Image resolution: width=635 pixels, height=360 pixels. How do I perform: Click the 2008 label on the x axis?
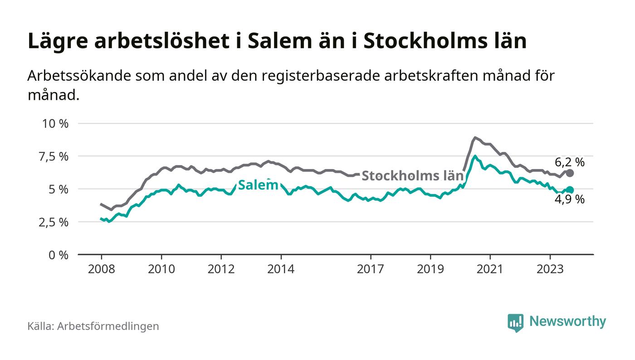pyautogui.click(x=101, y=269)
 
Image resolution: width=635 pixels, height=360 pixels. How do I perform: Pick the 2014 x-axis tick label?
pyautogui.click(x=281, y=269)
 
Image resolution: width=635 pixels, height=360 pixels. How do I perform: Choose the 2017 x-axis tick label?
pyautogui.click(x=371, y=269)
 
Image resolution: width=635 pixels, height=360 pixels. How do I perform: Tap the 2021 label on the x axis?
pyautogui.click(x=490, y=269)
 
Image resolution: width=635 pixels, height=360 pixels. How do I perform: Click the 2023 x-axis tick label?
pyautogui.click(x=550, y=269)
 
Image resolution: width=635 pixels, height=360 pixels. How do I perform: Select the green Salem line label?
pyautogui.click(x=258, y=185)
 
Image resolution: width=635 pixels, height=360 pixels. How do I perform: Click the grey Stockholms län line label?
pyautogui.click(x=412, y=176)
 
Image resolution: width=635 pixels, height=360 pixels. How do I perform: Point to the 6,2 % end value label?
pyautogui.click(x=570, y=162)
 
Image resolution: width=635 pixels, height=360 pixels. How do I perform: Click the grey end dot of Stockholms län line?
pyautogui.click(x=570, y=173)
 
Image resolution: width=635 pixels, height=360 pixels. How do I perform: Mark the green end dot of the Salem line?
pyautogui.click(x=570, y=190)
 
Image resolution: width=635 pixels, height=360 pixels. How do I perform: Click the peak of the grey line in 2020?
pyautogui.click(x=474, y=137)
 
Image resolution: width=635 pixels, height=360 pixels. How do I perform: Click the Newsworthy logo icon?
pyautogui.click(x=515, y=323)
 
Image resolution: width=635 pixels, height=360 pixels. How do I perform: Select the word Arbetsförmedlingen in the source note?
pyautogui.click(x=108, y=326)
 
